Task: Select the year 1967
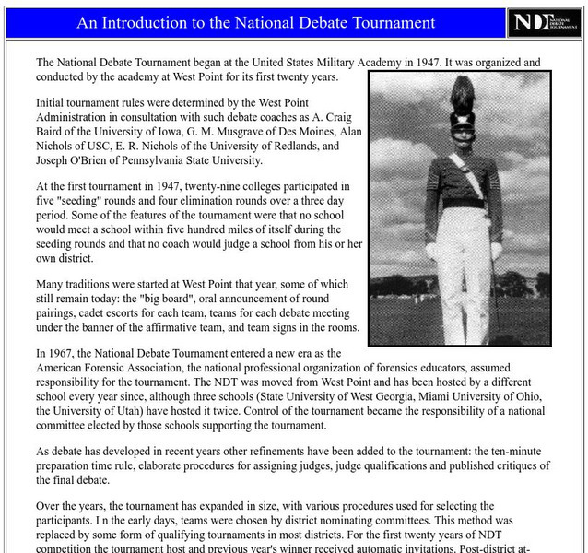66,354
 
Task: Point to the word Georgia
416,383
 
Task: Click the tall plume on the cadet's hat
461,93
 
